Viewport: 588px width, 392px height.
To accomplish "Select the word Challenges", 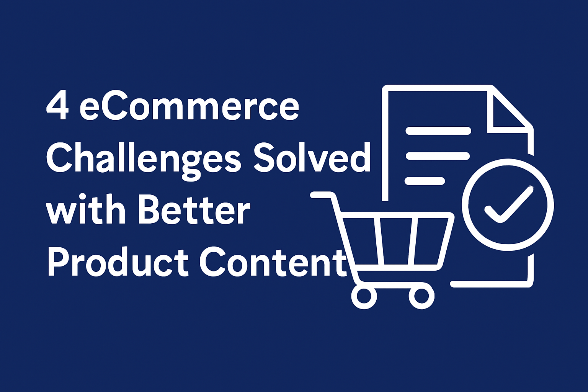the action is (x=144, y=160).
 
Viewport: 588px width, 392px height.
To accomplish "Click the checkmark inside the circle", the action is (x=508, y=205).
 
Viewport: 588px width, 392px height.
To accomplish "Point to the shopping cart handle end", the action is (x=314, y=195).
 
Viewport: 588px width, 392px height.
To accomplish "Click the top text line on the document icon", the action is (x=438, y=131).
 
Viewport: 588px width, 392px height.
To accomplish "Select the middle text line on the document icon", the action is (x=438, y=156).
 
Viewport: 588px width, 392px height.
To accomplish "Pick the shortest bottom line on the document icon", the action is (x=425, y=181).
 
